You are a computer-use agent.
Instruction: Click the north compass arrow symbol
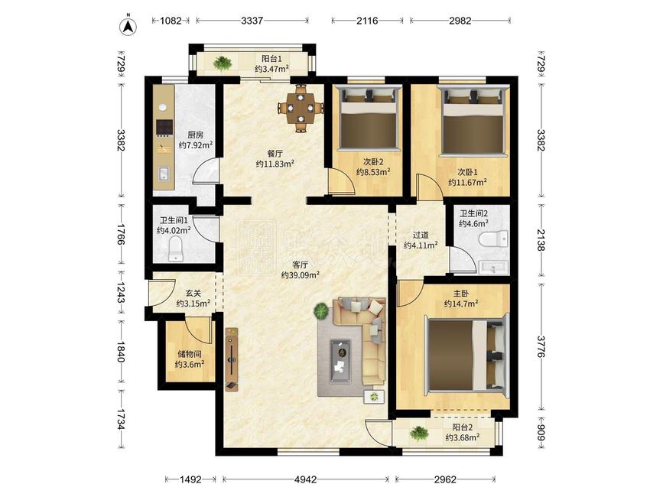[128, 25]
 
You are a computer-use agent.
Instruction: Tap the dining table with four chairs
[301, 108]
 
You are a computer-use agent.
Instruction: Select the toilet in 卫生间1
[175, 249]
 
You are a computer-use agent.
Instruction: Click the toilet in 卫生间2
[494, 239]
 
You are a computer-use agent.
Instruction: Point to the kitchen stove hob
[164, 127]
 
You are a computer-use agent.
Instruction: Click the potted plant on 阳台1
[222, 63]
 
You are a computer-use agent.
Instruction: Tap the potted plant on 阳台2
[419, 434]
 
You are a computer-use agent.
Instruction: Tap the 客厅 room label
[300, 265]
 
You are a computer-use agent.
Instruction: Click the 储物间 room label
[190, 354]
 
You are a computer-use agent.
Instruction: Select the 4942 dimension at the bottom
[305, 479]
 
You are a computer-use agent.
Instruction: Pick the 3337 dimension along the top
[252, 21]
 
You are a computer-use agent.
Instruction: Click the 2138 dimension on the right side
[541, 239]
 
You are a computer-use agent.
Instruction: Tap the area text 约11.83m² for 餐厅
[275, 164]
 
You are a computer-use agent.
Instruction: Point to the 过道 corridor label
[421, 235]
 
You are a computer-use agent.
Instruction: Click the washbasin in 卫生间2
[493, 267]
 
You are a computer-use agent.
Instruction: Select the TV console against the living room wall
[232, 359]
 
